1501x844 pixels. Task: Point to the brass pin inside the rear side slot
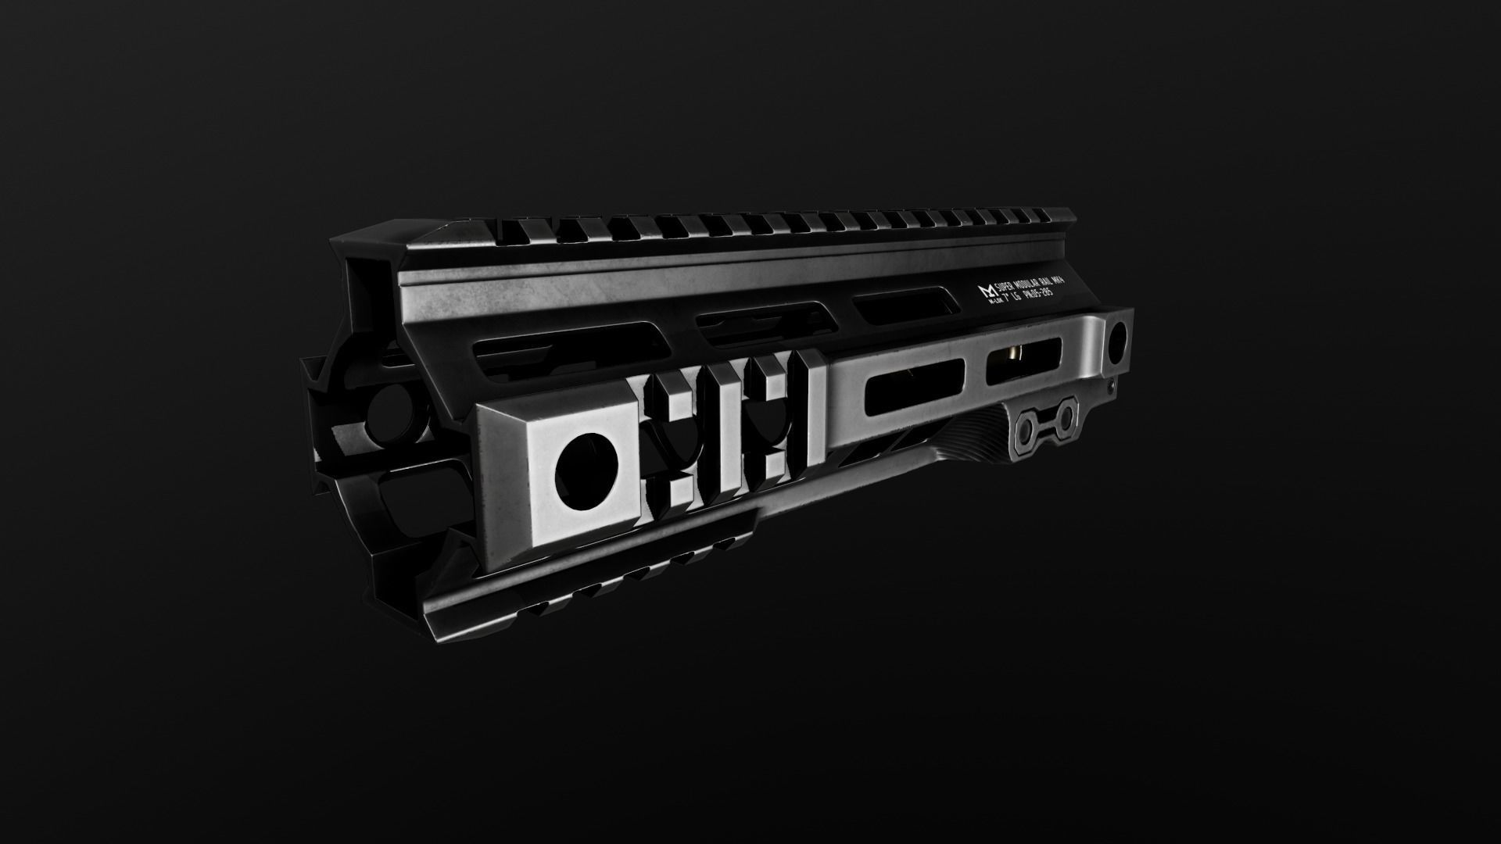[x=1012, y=356]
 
